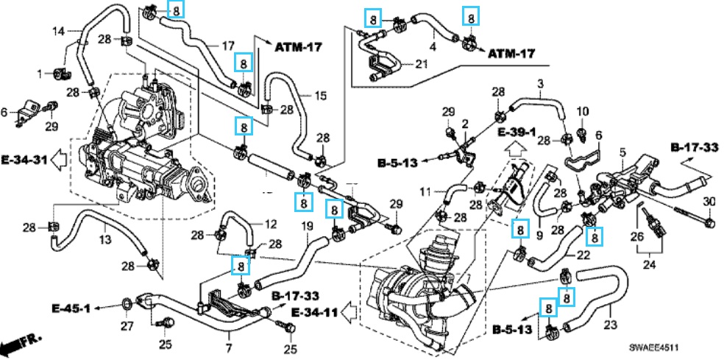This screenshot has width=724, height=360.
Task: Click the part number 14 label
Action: click(x=59, y=32)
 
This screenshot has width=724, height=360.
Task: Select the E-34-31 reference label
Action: click(x=24, y=160)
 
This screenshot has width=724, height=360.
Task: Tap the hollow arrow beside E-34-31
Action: click(x=58, y=160)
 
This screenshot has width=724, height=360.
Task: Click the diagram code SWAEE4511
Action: click(x=656, y=347)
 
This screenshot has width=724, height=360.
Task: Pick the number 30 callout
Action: click(x=709, y=202)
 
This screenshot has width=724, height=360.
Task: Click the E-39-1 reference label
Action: click(x=517, y=133)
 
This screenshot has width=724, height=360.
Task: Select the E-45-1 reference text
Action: click(x=71, y=308)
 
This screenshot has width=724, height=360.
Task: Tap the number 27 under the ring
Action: click(x=127, y=326)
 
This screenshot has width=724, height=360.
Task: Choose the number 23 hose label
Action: click(x=611, y=325)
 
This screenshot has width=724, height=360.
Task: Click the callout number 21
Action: click(x=421, y=64)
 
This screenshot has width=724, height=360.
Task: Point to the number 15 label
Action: click(x=321, y=96)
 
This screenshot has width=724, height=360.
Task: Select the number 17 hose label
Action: click(x=228, y=46)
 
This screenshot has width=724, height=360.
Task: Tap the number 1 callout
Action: click(x=40, y=73)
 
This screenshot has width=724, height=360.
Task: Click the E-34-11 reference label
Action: click(x=315, y=312)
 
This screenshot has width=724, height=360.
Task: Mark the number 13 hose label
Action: click(x=105, y=239)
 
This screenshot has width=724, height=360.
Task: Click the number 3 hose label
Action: click(x=541, y=84)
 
